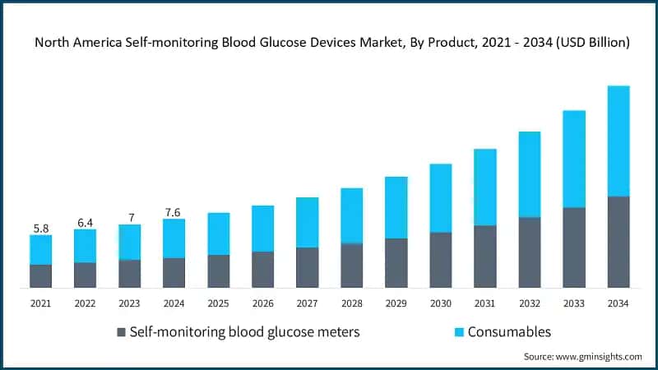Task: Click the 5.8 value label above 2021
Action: click(40, 227)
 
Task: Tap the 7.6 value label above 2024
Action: click(174, 211)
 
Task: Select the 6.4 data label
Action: click(85, 221)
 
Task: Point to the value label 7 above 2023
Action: click(129, 216)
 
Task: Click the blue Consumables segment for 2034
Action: click(618, 141)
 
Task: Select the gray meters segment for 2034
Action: click(618, 242)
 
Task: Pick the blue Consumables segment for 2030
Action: click(440, 197)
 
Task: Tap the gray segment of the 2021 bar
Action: click(40, 275)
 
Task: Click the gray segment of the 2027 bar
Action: click(307, 267)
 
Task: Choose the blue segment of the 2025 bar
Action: click(218, 234)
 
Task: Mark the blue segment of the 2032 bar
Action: click(529, 174)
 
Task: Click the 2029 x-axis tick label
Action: click(396, 303)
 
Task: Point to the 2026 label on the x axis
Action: click(262, 303)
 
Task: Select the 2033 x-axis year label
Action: click(573, 303)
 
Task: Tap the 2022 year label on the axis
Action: click(85, 303)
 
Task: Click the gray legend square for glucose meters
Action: click(122, 332)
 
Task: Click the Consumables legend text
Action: click(509, 332)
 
